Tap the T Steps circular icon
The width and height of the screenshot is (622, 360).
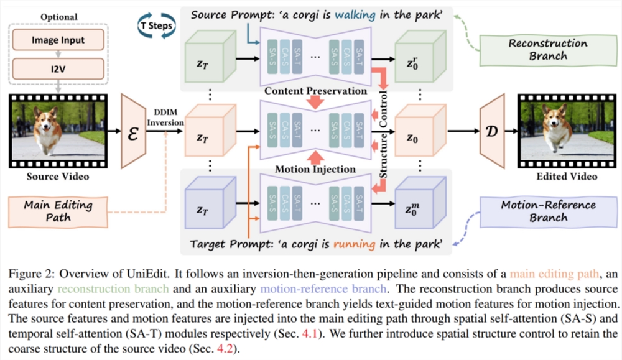tap(155, 25)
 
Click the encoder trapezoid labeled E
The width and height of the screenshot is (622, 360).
tap(132, 131)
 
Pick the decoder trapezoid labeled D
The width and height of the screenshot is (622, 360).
tap(492, 131)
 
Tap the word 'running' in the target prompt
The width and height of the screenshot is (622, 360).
tap(355, 244)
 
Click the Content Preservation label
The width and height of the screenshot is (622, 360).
tap(315, 91)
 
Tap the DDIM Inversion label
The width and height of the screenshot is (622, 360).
tap(165, 118)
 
